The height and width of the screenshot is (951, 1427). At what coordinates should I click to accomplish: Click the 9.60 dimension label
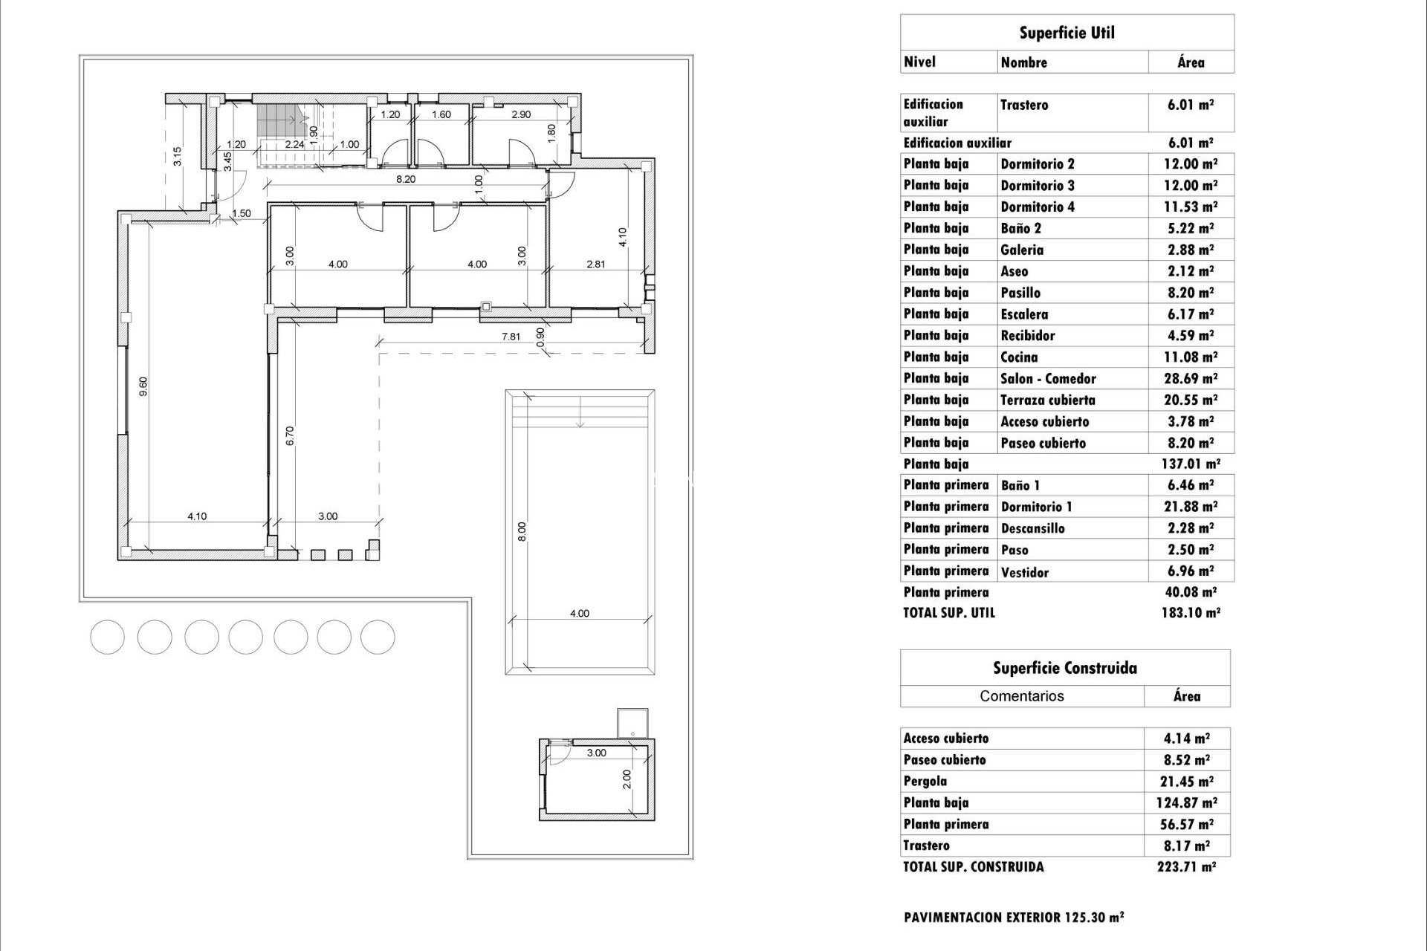143,386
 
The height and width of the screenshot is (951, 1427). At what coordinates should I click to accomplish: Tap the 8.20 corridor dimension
405,179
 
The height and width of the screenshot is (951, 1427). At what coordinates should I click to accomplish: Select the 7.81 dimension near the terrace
511,337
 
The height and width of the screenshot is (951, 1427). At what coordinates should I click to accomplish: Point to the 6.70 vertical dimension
291,435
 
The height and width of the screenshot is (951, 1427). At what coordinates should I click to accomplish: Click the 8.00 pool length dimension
522,531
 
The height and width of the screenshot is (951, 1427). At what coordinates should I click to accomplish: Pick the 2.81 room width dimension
595,264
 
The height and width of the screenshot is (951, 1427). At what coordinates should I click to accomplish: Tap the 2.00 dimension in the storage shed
627,779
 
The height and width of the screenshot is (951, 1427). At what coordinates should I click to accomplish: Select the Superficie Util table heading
1067,33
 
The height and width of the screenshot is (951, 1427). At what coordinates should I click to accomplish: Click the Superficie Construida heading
1064,668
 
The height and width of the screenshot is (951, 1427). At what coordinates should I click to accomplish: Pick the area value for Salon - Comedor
1190,379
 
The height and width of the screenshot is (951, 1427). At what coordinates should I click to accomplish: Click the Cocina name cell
1019,357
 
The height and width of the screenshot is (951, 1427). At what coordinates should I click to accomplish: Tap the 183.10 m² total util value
1190,613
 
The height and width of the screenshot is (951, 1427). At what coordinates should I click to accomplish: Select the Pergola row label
925,781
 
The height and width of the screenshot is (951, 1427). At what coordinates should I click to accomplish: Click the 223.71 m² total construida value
1185,867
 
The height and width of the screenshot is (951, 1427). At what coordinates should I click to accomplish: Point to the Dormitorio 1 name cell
1036,507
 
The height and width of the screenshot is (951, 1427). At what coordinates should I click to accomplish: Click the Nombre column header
1023,62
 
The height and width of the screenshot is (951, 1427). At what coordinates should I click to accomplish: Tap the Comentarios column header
1021,696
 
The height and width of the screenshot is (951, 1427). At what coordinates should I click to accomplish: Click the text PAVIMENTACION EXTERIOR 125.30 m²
1013,918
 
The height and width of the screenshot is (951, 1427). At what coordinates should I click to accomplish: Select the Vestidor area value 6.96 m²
1190,572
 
